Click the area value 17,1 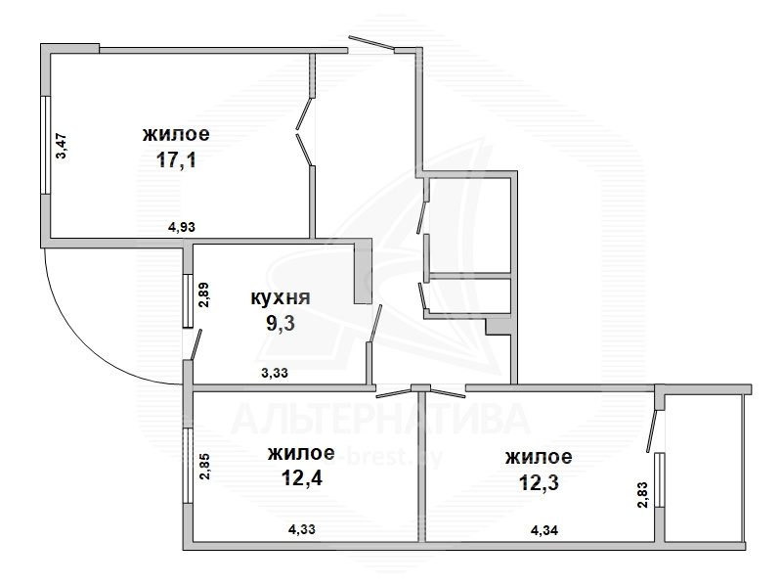(176, 160)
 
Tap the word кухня (280, 298)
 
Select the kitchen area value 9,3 (281, 324)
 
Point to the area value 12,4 (302, 478)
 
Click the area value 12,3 (539, 482)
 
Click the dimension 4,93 (182, 227)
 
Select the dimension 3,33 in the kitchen (275, 373)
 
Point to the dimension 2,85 (205, 466)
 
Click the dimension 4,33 (302, 528)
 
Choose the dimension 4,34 (544, 529)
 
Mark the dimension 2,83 (642, 495)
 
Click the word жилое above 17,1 (176, 134)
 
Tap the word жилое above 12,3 (539, 457)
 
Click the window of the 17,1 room (45, 145)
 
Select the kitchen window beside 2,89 (188, 300)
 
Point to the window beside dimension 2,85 (188, 466)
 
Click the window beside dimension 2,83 (660, 479)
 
